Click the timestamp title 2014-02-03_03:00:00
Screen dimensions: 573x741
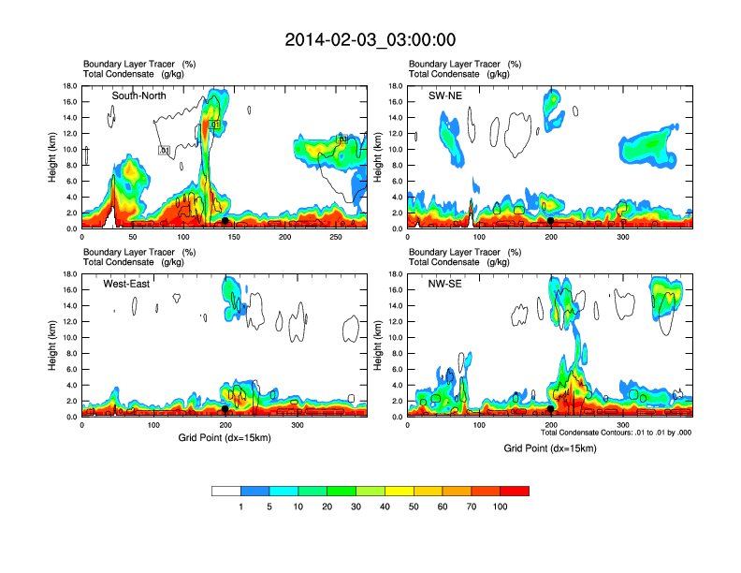370,40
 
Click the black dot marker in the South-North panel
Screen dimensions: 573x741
225,221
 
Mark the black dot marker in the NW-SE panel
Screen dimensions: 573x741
550,409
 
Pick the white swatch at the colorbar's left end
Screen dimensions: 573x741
226,491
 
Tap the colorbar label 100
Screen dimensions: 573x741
501,507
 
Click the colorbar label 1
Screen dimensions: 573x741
241,507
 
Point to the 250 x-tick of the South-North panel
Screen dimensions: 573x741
338,238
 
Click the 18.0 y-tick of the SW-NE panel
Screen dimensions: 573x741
394,86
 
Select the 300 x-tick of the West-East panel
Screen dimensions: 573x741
298,426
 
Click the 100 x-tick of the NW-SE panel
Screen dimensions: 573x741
479,426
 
